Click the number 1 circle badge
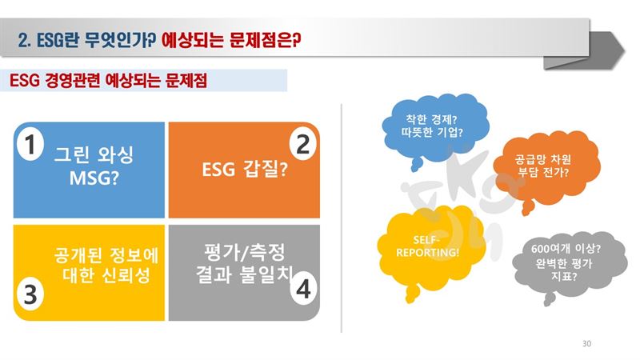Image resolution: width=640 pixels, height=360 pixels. pos(30,145)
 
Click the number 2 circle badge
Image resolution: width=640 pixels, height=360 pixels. pos(302,145)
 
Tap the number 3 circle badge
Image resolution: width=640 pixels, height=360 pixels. pos(30,294)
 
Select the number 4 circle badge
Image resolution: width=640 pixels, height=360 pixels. pos(303,290)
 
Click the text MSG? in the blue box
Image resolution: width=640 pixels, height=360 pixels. pos(94,178)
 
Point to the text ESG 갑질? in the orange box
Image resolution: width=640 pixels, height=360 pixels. pos(245,169)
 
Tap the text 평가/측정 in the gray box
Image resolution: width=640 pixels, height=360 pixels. pos(244,252)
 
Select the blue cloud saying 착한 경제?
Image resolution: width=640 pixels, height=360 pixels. pos(434,129)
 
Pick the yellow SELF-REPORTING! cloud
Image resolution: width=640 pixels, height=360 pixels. pos(430,249)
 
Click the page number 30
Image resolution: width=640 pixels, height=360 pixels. pos(586,344)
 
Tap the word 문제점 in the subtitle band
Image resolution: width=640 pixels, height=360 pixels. pos(186,80)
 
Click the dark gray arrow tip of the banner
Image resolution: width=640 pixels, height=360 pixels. pos(624,50)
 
